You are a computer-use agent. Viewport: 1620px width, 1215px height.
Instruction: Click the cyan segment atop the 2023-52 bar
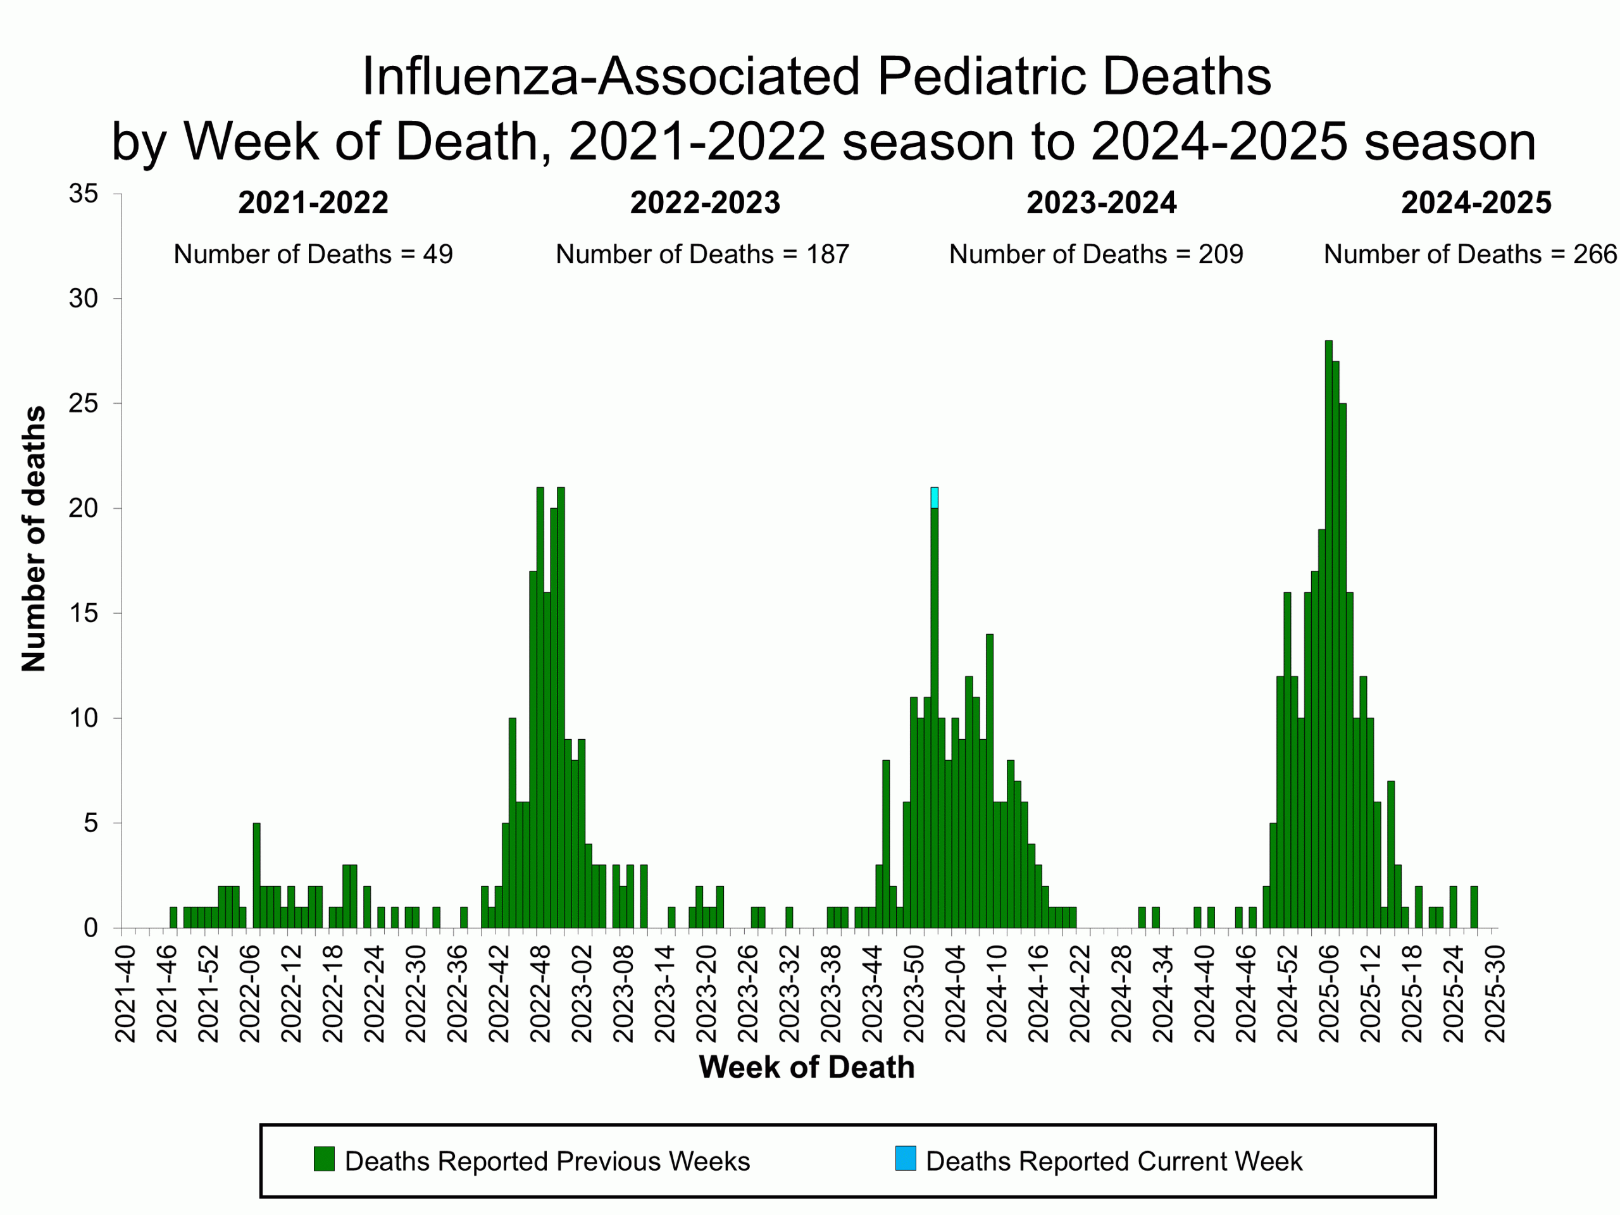(935, 497)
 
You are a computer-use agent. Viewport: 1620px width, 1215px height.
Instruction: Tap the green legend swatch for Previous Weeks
(324, 1159)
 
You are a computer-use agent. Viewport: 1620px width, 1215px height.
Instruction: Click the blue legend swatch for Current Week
(905, 1159)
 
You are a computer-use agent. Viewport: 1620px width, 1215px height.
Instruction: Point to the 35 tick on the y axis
(83, 194)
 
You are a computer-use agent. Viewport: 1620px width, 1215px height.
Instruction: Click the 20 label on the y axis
(83, 508)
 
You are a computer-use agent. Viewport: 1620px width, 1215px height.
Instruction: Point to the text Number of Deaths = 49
(313, 254)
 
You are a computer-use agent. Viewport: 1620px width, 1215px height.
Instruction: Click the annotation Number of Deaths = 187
(702, 254)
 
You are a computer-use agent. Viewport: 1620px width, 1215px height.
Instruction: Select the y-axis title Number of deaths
(33, 539)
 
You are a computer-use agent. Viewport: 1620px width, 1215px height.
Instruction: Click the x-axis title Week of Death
(806, 1067)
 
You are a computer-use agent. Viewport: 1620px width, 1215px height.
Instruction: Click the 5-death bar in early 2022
(256, 875)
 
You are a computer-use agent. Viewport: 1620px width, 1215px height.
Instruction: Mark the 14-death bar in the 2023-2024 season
(990, 780)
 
